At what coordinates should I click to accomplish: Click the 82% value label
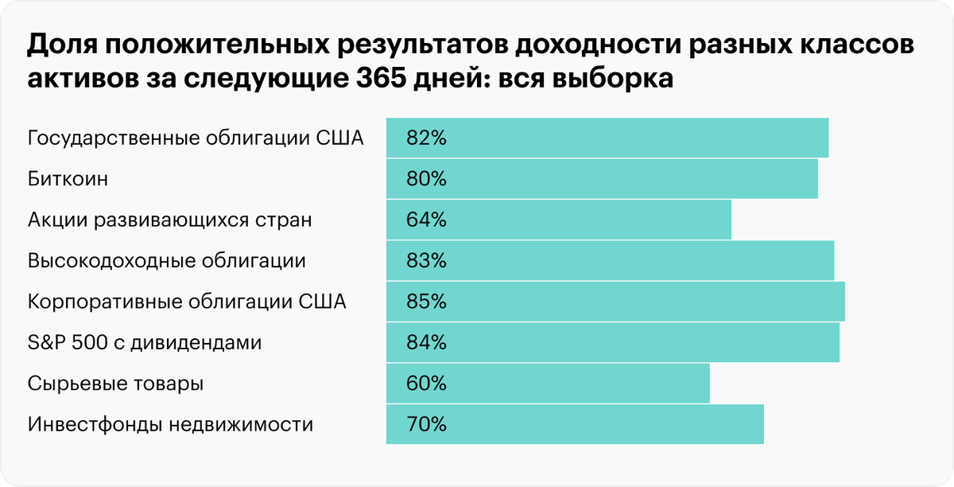coord(427,138)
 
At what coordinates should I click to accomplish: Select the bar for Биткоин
coord(602,179)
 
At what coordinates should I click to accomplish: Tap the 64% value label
coord(427,220)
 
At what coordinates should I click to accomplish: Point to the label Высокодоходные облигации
coord(167,260)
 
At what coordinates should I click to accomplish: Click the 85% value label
coord(427,302)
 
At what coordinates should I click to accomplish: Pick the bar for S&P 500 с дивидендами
coord(612,343)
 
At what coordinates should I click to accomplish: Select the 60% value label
coord(427,384)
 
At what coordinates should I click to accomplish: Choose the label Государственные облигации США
coord(196,138)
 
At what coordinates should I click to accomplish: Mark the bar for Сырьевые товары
coord(548,384)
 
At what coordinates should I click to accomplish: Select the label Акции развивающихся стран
coord(169,220)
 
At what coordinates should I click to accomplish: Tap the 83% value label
coord(427,260)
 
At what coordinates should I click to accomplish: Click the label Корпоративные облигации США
coord(187,302)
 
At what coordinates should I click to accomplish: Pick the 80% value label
coord(427,179)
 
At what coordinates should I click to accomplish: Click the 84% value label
coord(427,343)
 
